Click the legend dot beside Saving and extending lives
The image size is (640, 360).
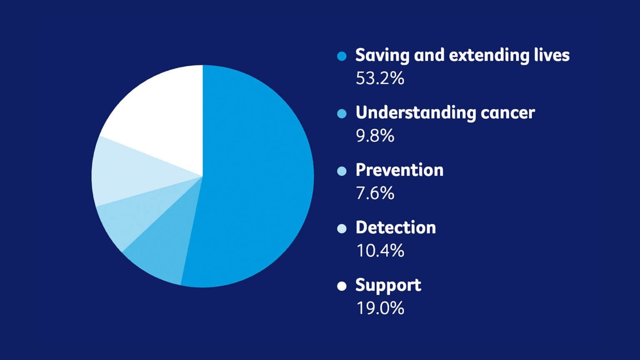[x=342, y=56]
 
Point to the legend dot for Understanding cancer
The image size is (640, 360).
[x=342, y=114]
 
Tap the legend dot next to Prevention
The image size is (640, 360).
[x=342, y=171]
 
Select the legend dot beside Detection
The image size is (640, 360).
[x=342, y=229]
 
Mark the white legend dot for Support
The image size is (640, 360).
[x=342, y=286]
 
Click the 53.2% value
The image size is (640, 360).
[x=380, y=78]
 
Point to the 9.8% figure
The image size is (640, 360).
[x=375, y=136]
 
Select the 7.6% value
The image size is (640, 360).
[x=375, y=193]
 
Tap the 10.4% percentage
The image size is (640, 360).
[x=380, y=250]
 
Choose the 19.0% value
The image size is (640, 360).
[x=380, y=308]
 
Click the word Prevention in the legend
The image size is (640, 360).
[x=400, y=170]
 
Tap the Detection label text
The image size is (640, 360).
[x=396, y=227]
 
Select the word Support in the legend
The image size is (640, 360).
[x=388, y=285]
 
